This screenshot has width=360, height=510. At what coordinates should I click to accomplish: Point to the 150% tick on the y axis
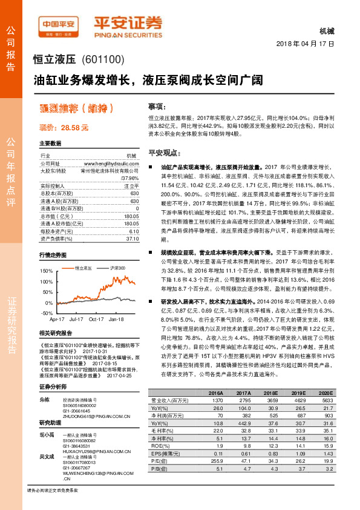(46, 270)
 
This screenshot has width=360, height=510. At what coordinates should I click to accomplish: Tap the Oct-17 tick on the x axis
(96, 318)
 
